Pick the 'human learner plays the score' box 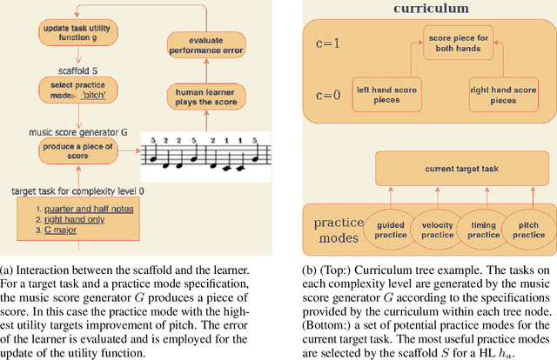[203, 96]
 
